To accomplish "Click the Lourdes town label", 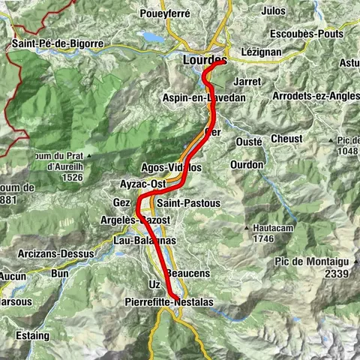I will click(x=205, y=59).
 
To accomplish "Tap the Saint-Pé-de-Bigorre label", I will click(x=57, y=44).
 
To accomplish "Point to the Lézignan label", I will click(x=260, y=52).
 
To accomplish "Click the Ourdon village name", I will click(x=247, y=164).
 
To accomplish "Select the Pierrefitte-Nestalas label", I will click(x=172, y=301).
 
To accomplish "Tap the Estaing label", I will click(x=28, y=335).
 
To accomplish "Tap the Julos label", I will click(x=274, y=11).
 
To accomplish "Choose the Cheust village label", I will click(x=286, y=139).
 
